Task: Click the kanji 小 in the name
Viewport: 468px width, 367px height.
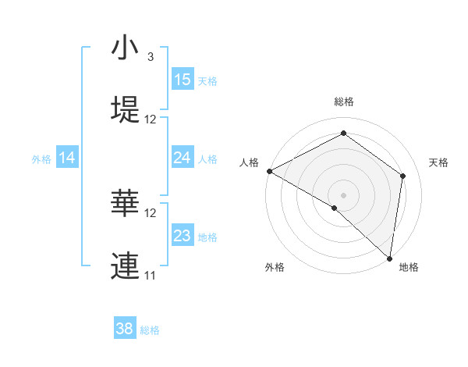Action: click(x=125, y=49)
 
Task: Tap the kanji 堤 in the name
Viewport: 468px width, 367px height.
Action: click(x=125, y=109)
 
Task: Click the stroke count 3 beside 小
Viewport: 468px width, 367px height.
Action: click(x=151, y=57)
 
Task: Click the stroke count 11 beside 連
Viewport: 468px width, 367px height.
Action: click(x=151, y=275)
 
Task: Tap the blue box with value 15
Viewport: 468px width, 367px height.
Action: click(x=183, y=80)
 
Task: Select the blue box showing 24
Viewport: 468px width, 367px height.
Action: click(x=183, y=158)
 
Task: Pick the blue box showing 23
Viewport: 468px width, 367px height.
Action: click(x=183, y=236)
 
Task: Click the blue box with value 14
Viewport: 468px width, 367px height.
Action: click(x=67, y=158)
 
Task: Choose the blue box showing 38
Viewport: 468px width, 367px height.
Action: click(x=125, y=329)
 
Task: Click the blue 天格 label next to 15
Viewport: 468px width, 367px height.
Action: click(x=207, y=80)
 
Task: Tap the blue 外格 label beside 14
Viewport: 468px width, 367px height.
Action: click(x=41, y=159)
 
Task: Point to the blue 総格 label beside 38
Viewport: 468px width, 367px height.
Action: click(x=150, y=330)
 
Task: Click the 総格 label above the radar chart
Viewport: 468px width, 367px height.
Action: click(x=344, y=102)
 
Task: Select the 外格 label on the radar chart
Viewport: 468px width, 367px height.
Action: click(x=275, y=267)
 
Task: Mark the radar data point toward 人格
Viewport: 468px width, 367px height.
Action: click(x=269, y=171)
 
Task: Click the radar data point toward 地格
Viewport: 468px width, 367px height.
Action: click(x=389, y=258)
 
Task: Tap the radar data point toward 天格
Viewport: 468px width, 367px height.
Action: click(x=403, y=176)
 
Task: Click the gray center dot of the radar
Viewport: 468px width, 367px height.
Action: click(x=344, y=194)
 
